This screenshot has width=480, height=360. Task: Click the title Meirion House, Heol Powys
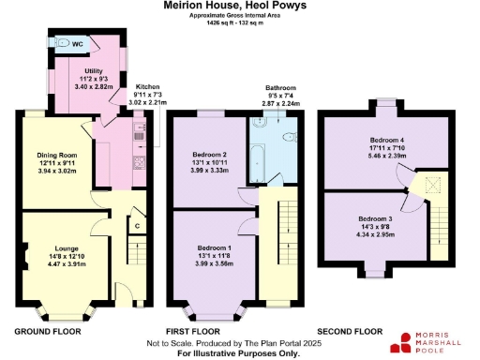point(240,7)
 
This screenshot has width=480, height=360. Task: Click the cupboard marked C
point(137,226)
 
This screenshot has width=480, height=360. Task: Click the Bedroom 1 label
point(210,248)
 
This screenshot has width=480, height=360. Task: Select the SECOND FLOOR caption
point(350,332)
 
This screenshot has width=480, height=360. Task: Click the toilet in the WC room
point(63,42)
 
